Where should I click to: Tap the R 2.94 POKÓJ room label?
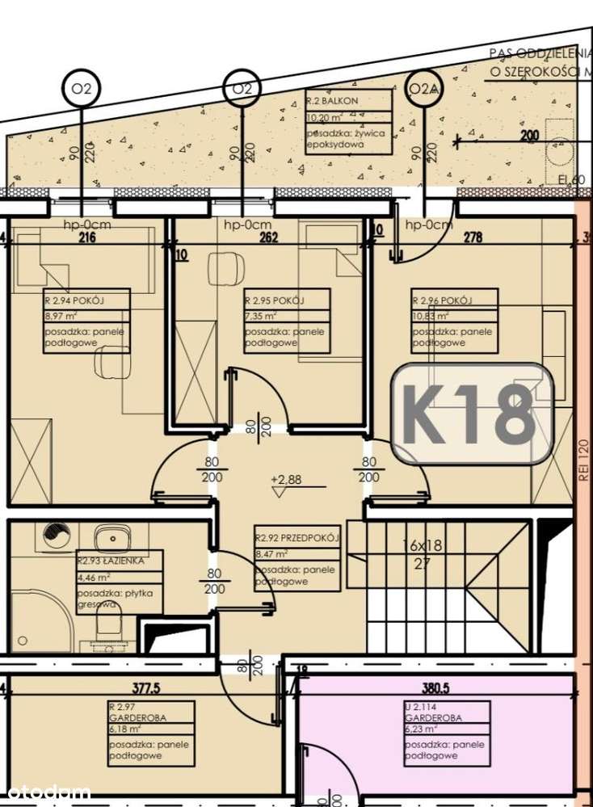(86, 321)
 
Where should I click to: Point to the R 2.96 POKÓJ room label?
(454, 321)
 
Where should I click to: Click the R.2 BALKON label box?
(348, 122)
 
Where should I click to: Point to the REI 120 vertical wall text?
(583, 460)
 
